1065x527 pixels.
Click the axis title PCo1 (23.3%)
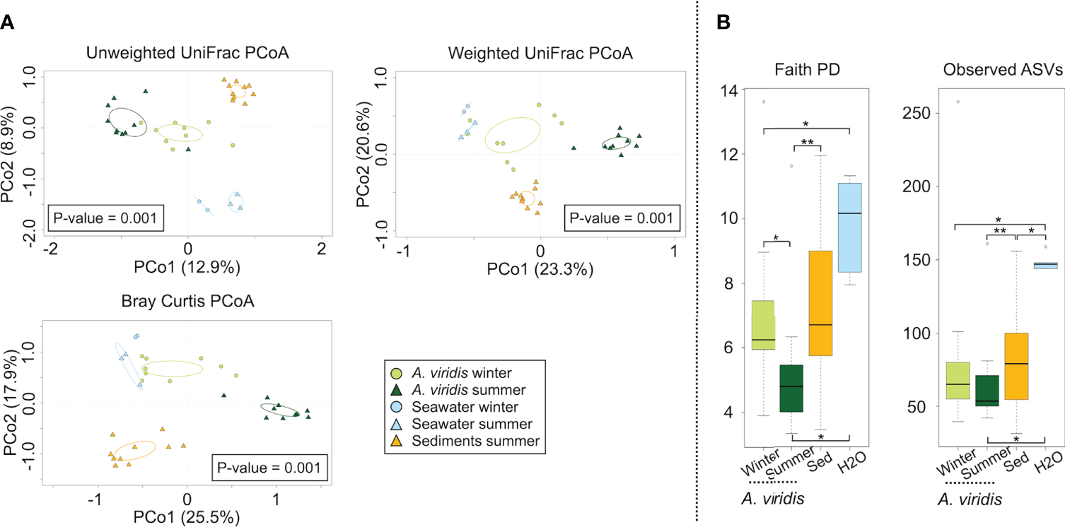click(540, 269)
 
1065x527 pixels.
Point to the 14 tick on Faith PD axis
click(728, 90)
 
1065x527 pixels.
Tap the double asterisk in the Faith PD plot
click(806, 142)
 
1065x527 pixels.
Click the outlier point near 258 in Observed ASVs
click(958, 102)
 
